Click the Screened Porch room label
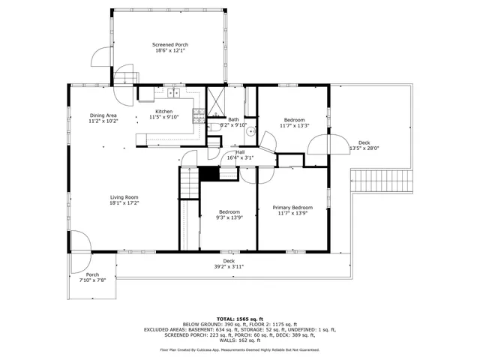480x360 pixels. (x=171, y=45)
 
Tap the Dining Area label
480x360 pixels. (x=103, y=115)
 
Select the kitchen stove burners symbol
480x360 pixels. (x=199, y=115)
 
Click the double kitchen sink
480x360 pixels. (x=175, y=94)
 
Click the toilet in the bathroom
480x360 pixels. (x=214, y=128)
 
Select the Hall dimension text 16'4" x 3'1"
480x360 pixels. (x=240, y=157)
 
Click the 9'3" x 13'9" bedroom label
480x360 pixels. (x=229, y=218)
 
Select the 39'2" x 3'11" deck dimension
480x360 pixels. (x=229, y=266)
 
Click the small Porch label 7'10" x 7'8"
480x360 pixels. (x=92, y=280)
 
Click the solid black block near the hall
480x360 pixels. (x=208, y=172)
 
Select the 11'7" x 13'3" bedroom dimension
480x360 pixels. (x=294, y=125)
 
